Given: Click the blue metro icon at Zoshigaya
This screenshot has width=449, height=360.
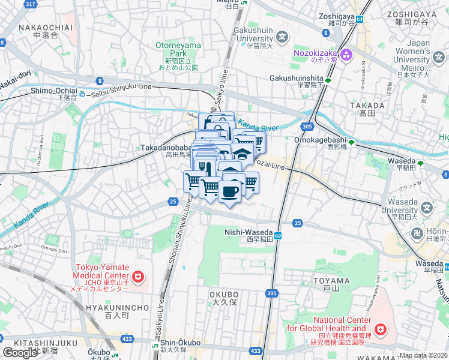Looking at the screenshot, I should coord(360,19).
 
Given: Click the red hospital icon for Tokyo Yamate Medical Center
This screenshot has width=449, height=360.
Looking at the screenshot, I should coord(139,277).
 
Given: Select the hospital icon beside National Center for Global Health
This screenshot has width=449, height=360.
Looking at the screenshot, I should coord(379,329).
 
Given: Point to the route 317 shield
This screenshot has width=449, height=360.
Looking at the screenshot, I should coord(29,4).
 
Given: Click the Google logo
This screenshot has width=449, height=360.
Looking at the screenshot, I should coord(20,352).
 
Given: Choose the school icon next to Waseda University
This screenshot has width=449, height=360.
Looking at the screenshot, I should coord(427,209).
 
